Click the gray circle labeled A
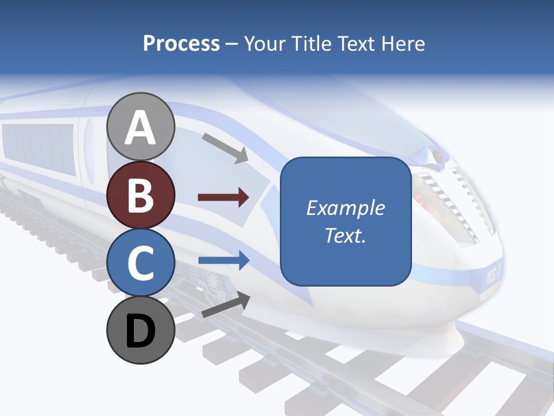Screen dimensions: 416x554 click(141, 127)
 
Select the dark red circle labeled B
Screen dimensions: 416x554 click(141, 195)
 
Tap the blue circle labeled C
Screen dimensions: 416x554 click(141, 263)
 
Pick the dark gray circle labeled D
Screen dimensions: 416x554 click(141, 330)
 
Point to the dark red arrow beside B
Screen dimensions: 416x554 click(223, 198)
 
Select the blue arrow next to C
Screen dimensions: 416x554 click(223, 260)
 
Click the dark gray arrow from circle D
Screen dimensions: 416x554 click(226, 305)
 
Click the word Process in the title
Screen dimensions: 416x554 click(181, 43)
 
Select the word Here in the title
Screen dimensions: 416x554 click(404, 43)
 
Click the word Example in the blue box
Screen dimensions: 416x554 click(345, 208)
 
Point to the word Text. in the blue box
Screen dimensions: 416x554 click(345, 235)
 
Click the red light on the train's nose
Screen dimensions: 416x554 click(439, 156)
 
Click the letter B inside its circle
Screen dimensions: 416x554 click(141, 195)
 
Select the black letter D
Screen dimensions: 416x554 click(141, 331)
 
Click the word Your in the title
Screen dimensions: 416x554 click(265, 43)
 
